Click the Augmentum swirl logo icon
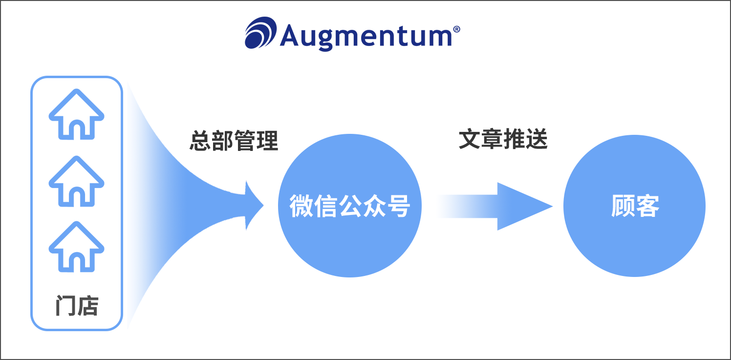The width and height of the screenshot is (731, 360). point(260,33)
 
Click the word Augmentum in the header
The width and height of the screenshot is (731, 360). point(365,35)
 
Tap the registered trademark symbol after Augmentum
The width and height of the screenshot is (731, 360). point(456,29)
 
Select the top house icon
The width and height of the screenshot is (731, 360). point(76,114)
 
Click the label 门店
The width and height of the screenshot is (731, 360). point(77,306)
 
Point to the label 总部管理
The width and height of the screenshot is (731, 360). point(234,141)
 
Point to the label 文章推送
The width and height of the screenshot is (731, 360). point(503,140)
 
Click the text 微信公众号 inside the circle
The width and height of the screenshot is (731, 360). point(349,206)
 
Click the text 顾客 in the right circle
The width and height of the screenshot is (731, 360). point(635,206)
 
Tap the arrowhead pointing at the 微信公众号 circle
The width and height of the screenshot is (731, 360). point(253,206)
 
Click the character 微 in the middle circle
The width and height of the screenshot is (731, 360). point(301,206)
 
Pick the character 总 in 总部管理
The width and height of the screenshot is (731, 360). point(200,141)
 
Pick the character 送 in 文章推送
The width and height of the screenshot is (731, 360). point(537,140)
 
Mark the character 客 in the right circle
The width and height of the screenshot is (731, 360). point(647,206)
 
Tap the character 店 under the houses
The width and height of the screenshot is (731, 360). point(87,306)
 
